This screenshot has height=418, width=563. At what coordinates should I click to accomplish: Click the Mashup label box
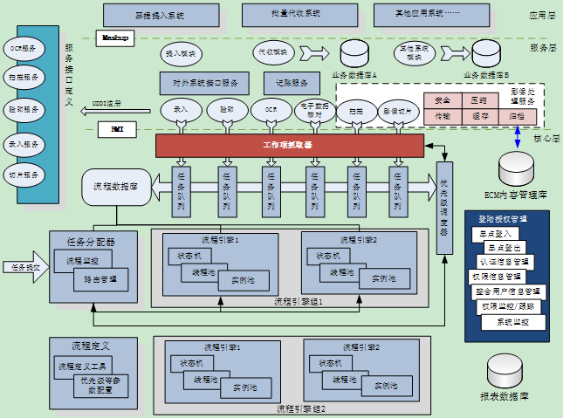[x=115, y=38]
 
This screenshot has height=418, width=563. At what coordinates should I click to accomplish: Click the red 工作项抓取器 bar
[x=288, y=144]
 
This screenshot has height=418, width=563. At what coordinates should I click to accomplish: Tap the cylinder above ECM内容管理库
[x=515, y=167]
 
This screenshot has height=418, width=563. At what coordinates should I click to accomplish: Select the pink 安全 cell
[x=442, y=100]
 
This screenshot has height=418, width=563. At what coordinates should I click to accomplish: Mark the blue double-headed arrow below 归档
[x=517, y=135]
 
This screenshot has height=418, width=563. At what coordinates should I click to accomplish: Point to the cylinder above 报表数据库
[x=507, y=370]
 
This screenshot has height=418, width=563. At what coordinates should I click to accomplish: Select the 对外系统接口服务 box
[x=206, y=83]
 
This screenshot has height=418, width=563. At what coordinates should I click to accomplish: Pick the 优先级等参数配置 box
[x=106, y=385]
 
